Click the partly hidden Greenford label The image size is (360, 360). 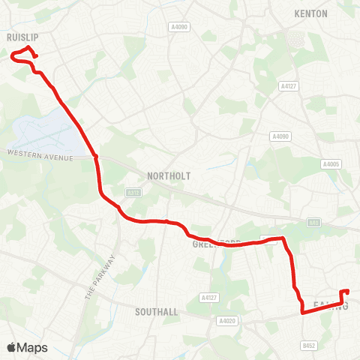click(214, 244)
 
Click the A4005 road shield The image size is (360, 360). click(331, 163)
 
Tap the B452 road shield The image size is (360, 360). click(310, 346)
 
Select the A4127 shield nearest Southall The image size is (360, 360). click(209, 298)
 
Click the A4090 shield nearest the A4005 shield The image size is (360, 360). click(280, 136)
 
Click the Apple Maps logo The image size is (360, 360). click(27, 347)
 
